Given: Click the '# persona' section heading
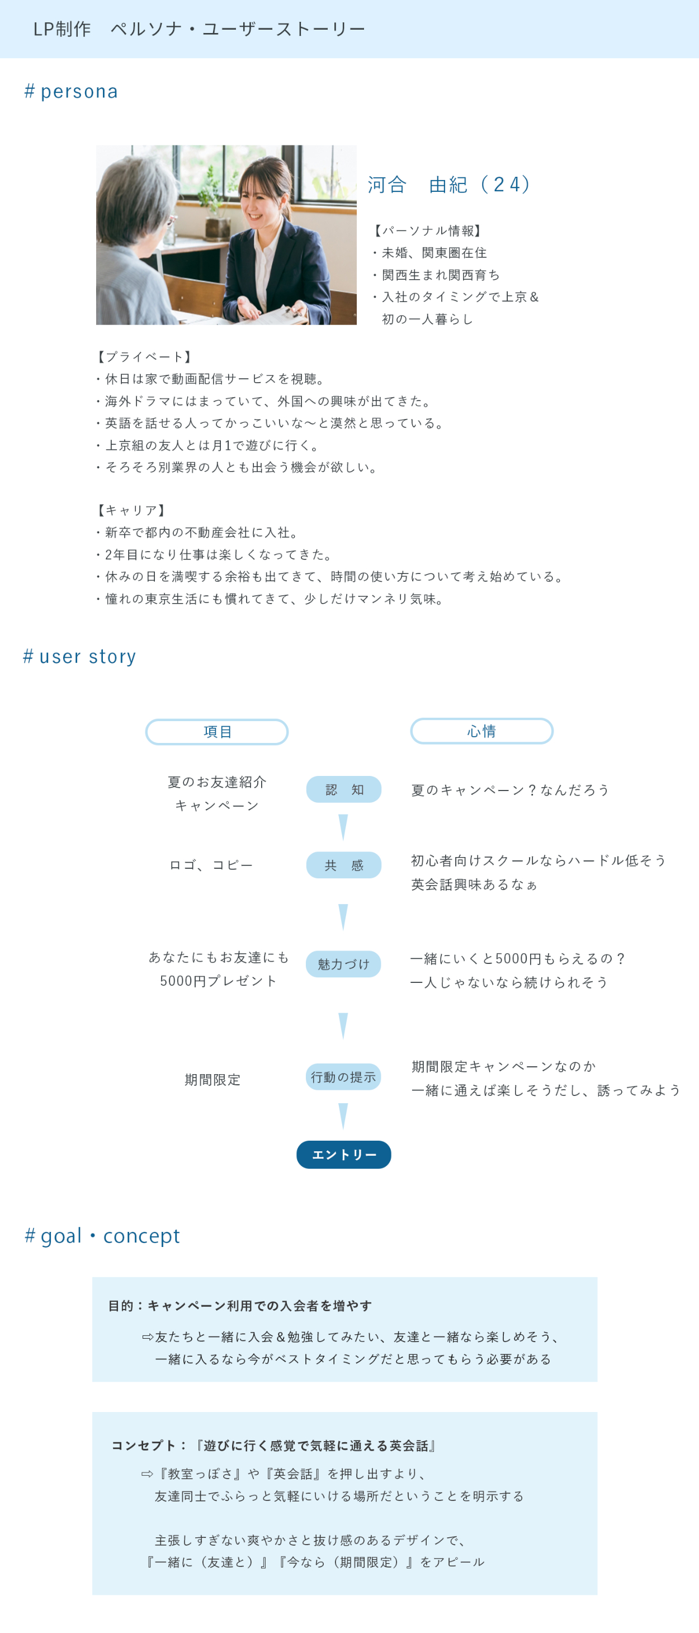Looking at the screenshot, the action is click(71, 91).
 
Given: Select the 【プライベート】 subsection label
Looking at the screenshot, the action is click(143, 357).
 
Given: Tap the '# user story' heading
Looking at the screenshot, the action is click(80, 656).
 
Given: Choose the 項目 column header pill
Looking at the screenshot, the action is click(217, 732).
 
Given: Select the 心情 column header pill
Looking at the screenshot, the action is click(481, 731).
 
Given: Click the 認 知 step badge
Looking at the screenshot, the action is click(344, 789).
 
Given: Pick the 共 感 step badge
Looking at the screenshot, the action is click(344, 865).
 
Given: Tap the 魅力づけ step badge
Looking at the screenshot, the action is click(343, 964).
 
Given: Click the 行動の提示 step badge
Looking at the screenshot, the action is click(343, 1077).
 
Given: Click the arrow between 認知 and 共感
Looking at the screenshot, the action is click(343, 827).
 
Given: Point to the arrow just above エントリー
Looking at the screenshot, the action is click(343, 1116).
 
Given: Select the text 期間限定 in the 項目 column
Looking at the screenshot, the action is click(213, 1080).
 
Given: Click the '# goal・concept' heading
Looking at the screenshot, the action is click(102, 1236).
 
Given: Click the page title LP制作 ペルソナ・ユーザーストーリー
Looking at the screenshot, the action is click(200, 29).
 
